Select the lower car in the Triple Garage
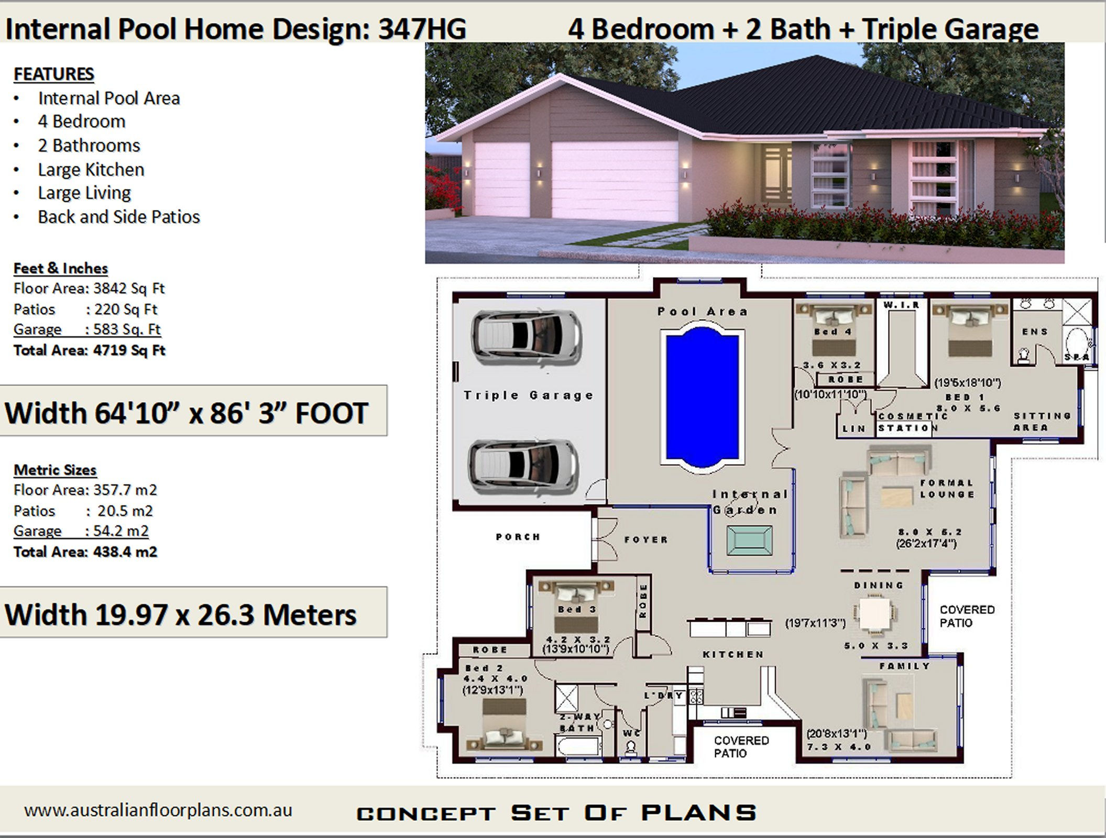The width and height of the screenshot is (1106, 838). coord(524,466)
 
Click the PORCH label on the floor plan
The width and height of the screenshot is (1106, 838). coord(518,537)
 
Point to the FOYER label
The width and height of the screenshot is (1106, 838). coord(646,539)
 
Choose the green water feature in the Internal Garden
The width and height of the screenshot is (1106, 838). coord(749,541)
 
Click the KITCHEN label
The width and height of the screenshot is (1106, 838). coord(733,654)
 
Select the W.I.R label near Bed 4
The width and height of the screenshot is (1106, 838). coord(901,305)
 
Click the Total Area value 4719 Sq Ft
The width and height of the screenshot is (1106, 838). coord(129,350)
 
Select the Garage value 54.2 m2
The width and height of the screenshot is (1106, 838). coord(121,531)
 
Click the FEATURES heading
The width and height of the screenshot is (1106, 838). coord(53,74)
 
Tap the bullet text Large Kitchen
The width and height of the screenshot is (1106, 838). coord(91,170)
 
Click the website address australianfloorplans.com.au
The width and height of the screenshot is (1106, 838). coord(158,810)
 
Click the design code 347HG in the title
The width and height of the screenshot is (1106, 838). coord(422,29)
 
